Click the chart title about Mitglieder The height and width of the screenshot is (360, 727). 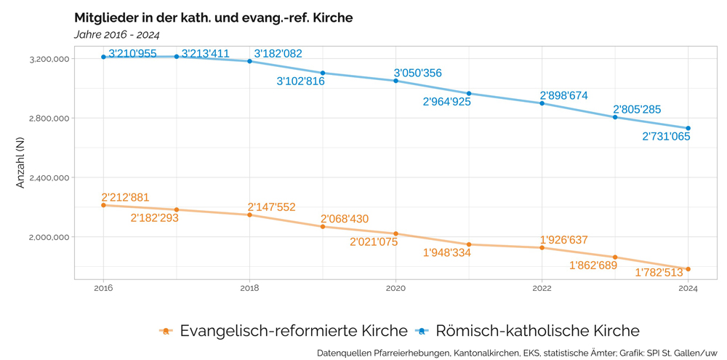[x=213, y=17]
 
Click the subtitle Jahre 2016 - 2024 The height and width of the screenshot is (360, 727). [x=116, y=34]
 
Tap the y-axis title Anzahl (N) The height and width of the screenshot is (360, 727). [x=20, y=163]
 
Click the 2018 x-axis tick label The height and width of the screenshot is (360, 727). [x=249, y=288]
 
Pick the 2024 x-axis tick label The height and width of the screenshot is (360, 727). [x=688, y=288]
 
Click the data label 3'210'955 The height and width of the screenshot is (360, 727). [x=132, y=54]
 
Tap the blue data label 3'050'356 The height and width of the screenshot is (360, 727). [x=417, y=73]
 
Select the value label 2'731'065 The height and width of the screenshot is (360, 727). [x=666, y=136]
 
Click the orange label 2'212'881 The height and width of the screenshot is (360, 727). [x=125, y=197]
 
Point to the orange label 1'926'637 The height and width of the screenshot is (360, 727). [x=563, y=240]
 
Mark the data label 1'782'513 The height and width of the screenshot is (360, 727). [x=659, y=273]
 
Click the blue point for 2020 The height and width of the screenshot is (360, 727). [x=395, y=81]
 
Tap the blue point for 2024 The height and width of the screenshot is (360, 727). [x=688, y=129]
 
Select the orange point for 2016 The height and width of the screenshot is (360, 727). [x=103, y=205]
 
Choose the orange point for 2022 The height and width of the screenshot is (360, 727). [x=542, y=248]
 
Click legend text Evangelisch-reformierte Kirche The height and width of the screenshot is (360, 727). [x=294, y=331]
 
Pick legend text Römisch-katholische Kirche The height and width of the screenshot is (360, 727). [x=537, y=331]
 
